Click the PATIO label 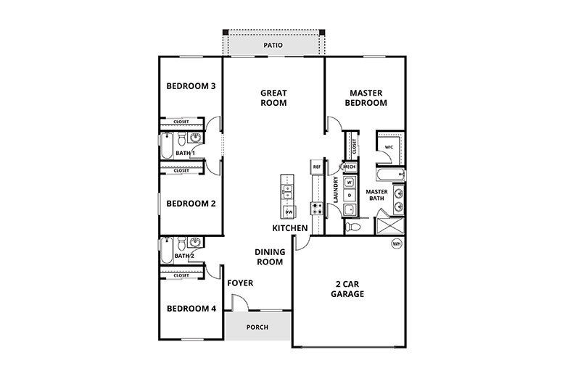(x=273, y=46)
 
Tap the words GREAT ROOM (x=273, y=98)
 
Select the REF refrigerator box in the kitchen (x=316, y=167)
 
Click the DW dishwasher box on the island (x=288, y=212)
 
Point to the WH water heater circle (x=397, y=244)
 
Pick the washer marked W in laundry (x=349, y=183)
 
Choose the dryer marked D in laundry (x=349, y=196)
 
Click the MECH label (x=349, y=166)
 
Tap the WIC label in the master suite (x=389, y=146)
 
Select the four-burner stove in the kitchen (x=317, y=208)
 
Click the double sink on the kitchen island (x=288, y=192)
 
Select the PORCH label (x=257, y=327)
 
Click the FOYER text (x=240, y=283)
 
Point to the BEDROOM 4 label (x=191, y=309)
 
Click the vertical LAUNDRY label (x=336, y=190)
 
